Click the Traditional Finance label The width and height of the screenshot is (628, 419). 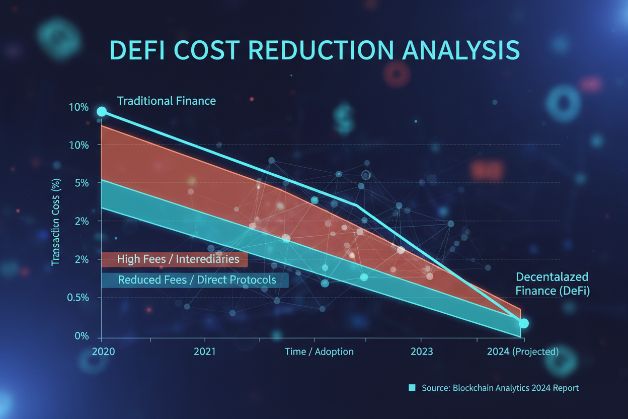pyautogui.click(x=166, y=101)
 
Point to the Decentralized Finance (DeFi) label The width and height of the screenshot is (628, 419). pyautogui.click(x=552, y=284)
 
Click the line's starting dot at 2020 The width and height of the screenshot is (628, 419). pyautogui.click(x=102, y=111)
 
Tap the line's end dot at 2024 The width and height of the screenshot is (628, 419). pyautogui.click(x=523, y=323)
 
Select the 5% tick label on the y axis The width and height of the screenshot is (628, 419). pyautogui.click(x=78, y=183)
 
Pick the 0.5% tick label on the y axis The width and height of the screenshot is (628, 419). pyautogui.click(x=78, y=298)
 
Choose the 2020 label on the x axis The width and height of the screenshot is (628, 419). pyautogui.click(x=104, y=352)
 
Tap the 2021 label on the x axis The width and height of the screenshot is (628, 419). pyautogui.click(x=204, y=352)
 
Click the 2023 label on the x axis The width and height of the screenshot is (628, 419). pyautogui.click(x=421, y=352)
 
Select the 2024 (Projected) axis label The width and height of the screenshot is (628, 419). pyautogui.click(x=522, y=352)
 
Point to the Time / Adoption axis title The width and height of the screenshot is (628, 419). pyautogui.click(x=319, y=352)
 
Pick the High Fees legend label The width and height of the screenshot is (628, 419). pyautogui.click(x=178, y=259)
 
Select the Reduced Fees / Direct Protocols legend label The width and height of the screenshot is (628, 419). pyautogui.click(x=197, y=280)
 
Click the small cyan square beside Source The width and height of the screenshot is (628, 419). pyautogui.click(x=412, y=388)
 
